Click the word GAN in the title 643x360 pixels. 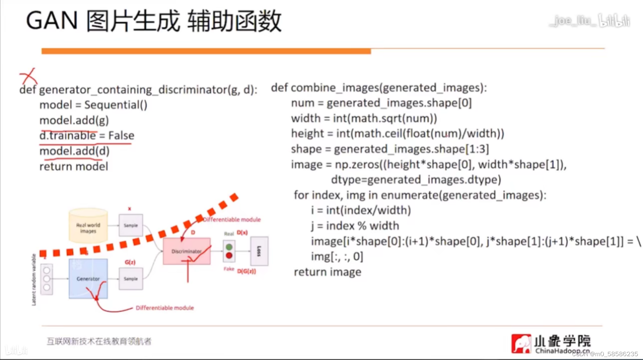pos(52,21)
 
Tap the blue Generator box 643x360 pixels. pos(88,279)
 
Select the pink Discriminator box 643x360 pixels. pos(186,251)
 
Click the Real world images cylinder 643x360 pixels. pos(88,227)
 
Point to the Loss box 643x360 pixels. pos(259,251)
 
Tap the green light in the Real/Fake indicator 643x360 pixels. pos(229,247)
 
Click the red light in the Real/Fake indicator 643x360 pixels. pos(229,256)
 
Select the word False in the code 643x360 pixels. pos(121,135)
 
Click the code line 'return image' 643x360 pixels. pos(327,272)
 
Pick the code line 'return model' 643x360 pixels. pos(74,166)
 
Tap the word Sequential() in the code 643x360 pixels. pos(116,105)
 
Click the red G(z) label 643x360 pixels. pos(130,262)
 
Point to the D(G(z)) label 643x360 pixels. pos(247,271)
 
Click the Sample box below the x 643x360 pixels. pos(131,225)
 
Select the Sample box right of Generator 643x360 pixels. pos(131,279)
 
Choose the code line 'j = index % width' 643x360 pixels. pos(355,226)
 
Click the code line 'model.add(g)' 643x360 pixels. pos(74,120)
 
